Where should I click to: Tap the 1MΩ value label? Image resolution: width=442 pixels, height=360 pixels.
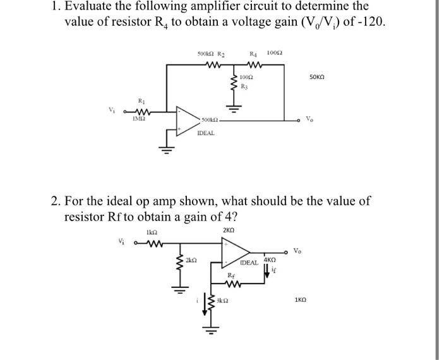point(140,117)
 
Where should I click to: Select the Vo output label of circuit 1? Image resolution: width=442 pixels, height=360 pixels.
point(309,119)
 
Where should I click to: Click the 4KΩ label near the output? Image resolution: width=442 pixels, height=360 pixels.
point(270,260)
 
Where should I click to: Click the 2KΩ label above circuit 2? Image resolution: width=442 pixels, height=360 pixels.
point(229,231)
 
